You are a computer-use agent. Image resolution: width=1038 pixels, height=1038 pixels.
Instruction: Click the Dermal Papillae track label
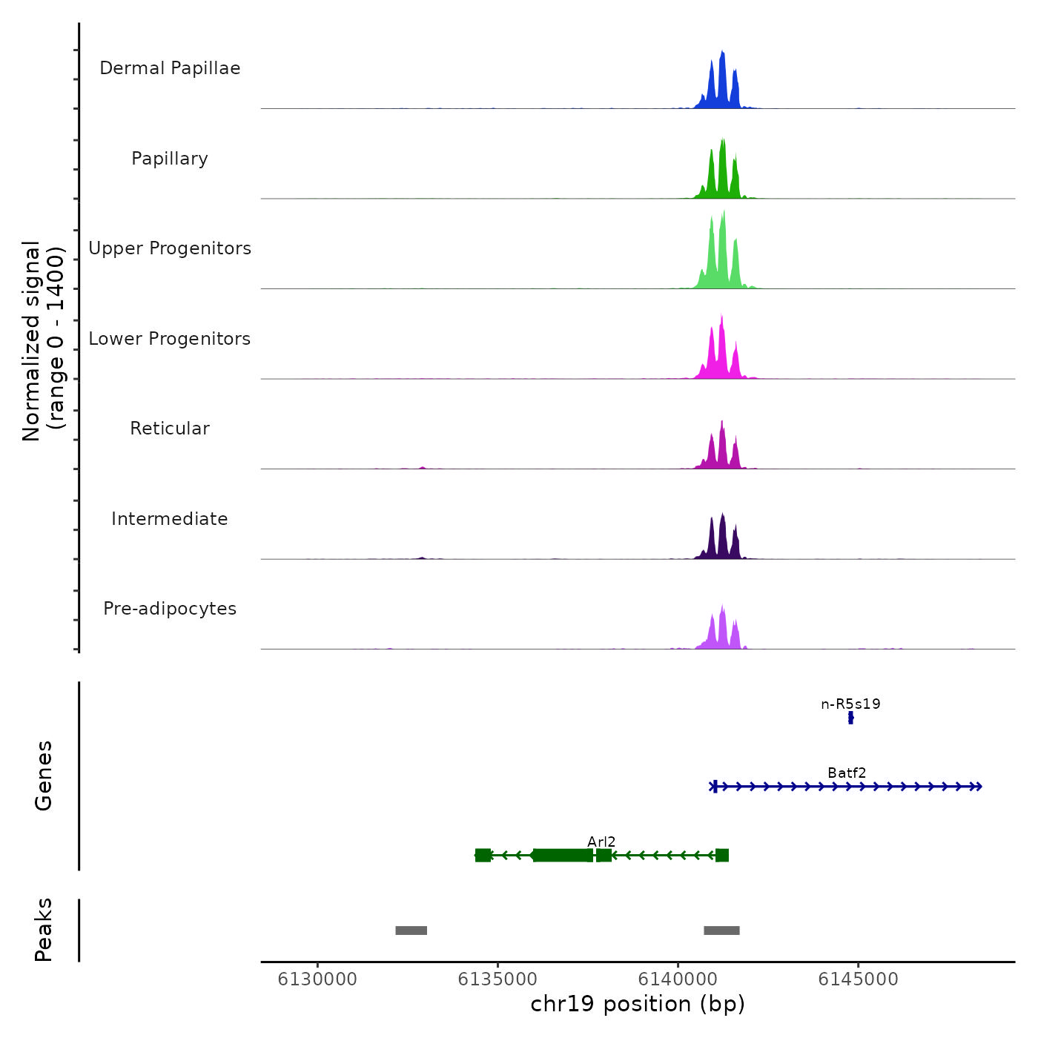coord(170,68)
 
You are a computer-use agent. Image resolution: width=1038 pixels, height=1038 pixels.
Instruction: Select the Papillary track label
coord(170,159)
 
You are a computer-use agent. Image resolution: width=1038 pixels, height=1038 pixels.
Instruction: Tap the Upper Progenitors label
coord(170,248)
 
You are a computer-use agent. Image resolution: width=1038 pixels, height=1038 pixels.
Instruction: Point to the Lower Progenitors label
coord(170,339)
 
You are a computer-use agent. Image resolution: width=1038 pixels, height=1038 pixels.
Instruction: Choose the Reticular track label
coord(170,429)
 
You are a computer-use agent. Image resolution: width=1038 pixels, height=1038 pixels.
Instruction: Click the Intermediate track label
coord(170,519)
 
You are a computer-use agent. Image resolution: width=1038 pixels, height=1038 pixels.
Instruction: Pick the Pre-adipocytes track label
coord(170,609)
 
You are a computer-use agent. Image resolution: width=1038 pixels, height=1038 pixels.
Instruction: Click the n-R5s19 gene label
coord(850,704)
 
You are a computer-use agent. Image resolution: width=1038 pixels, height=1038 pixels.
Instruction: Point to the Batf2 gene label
coord(847,773)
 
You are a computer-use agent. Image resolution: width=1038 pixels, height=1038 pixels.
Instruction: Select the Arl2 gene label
coord(601,842)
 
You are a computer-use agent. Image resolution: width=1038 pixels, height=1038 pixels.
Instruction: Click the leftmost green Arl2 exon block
coord(483,856)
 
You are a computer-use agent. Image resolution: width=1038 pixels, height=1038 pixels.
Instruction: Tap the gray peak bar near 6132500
coord(411,930)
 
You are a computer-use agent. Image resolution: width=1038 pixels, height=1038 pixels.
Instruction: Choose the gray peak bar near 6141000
coord(721,930)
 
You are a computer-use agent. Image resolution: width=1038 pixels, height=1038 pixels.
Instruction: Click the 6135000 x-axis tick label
coord(497,979)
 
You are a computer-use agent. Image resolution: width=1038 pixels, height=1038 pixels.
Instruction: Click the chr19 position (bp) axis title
coord(638,1004)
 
